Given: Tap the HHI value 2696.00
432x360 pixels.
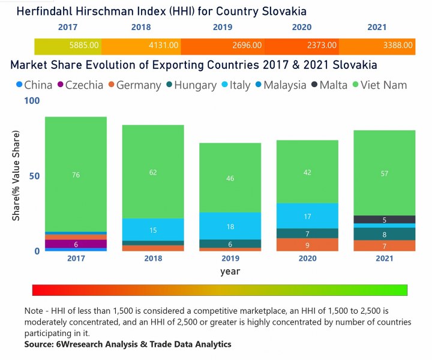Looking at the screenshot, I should pos(245,45).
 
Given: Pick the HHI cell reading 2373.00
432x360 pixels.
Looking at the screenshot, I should pos(322,45).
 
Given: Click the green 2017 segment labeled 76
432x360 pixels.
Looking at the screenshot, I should pos(76,175).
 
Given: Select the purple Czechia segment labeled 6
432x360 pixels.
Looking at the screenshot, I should pos(76,244).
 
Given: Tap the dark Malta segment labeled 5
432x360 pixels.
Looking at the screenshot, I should pos(385,220).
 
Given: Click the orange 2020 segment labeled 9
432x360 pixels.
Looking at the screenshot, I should pos(307,245).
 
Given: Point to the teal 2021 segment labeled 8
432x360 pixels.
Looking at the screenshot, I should pos(385,234).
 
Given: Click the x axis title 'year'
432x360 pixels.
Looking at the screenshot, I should pos(230,271).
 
